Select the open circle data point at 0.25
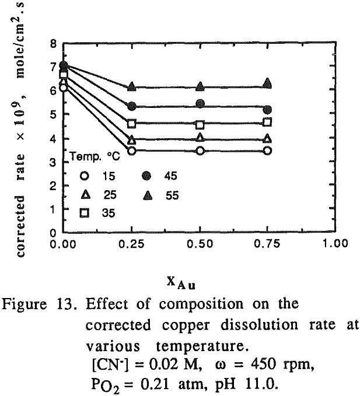click(132, 151)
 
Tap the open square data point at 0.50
click(200, 125)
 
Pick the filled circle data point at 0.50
click(200, 103)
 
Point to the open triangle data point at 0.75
click(268, 139)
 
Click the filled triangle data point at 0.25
click(132, 87)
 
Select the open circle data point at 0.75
click(268, 150)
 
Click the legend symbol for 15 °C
click(85, 175)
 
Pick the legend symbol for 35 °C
click(85, 213)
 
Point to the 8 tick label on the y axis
click(52, 44)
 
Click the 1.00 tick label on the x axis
click(337, 244)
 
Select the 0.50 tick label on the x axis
click(200, 244)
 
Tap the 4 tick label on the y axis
click(52, 139)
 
